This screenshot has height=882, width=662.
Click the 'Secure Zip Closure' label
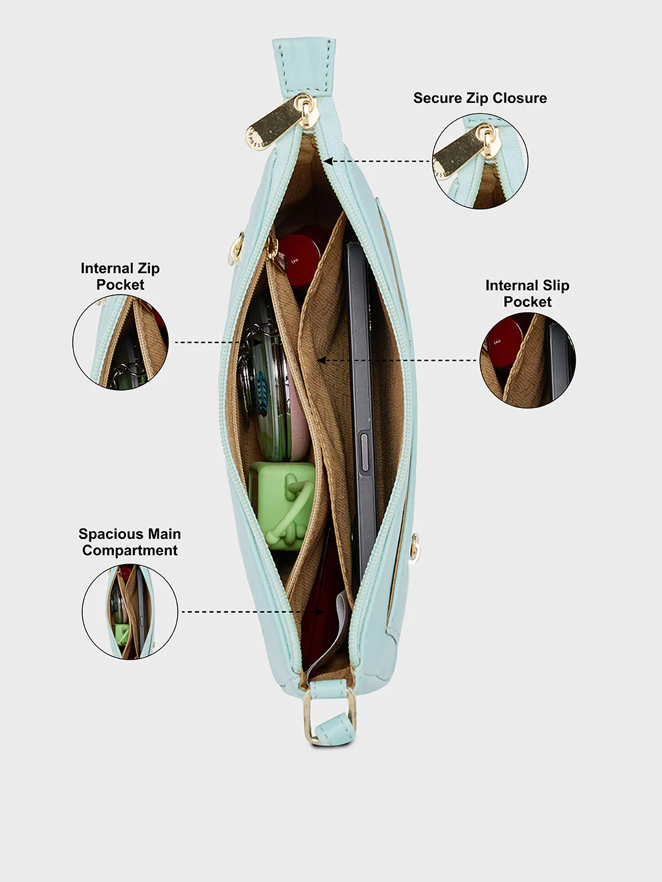(480, 98)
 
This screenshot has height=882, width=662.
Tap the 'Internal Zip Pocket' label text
(120, 276)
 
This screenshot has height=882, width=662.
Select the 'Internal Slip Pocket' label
(527, 293)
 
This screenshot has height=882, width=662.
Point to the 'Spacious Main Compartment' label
(129, 541)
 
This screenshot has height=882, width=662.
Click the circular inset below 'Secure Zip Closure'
(481, 160)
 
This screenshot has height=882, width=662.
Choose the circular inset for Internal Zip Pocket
(121, 342)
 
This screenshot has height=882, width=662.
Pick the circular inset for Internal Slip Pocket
(528, 360)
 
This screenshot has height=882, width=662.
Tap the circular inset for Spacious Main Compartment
(130, 611)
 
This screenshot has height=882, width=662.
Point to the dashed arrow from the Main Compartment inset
(253, 611)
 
